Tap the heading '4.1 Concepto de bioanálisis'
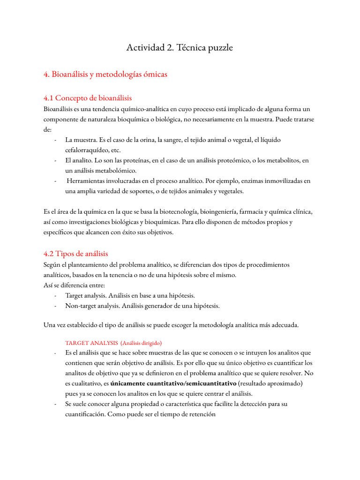pyautogui.click(x=88, y=98)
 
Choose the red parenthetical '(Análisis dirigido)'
pyautogui.click(x=141, y=343)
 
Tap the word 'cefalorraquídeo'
pyautogui.click(x=88, y=150)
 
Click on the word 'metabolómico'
pyautogui.click(x=116, y=171)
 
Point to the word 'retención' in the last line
pyautogui.click(x=201, y=414)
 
